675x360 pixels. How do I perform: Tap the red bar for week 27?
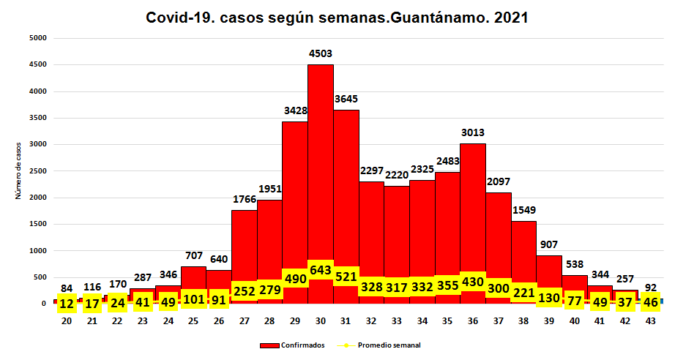click(245, 241)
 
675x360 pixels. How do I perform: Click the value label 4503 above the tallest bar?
click(321, 52)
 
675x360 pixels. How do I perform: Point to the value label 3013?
click(473, 132)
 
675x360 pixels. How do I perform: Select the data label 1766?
click(245, 199)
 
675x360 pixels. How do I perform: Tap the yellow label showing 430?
click(473, 281)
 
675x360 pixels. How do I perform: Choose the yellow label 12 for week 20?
click(66, 302)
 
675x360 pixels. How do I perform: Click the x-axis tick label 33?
click(397, 320)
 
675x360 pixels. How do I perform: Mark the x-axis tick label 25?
click(193, 320)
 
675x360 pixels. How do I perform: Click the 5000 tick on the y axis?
click(37, 38)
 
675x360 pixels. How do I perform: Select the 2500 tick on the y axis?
click(37, 170)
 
